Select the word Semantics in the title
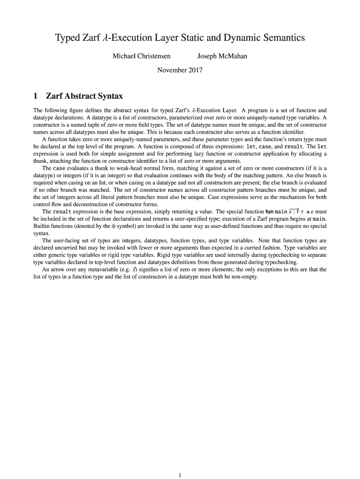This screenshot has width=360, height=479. pyautogui.click(x=280, y=38)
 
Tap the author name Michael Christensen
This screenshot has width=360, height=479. pyautogui.click(x=141, y=57)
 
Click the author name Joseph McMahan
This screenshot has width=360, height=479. pyautogui.click(x=222, y=57)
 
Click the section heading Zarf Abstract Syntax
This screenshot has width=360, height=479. pyautogui.click(x=84, y=96)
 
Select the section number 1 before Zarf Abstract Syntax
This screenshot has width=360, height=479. pyautogui.click(x=36, y=96)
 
